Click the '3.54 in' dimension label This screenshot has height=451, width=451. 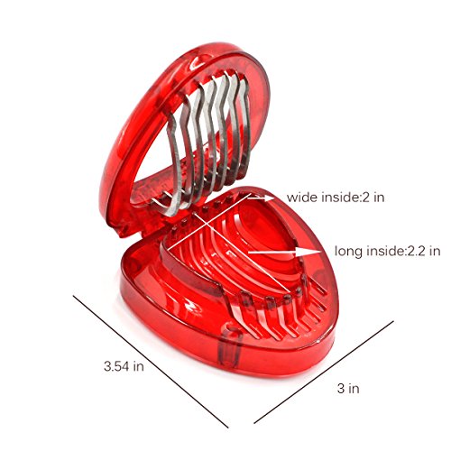click(x=124, y=366)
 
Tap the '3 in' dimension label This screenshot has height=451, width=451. click(x=348, y=388)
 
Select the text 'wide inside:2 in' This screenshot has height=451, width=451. click(x=336, y=198)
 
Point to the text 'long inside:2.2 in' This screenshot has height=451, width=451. click(x=388, y=251)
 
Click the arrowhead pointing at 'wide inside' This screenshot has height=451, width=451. click(x=269, y=198)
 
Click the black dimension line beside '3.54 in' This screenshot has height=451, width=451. click(x=151, y=362)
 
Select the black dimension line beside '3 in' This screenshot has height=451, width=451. click(x=324, y=373)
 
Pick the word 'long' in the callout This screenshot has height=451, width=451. click(x=348, y=252)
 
